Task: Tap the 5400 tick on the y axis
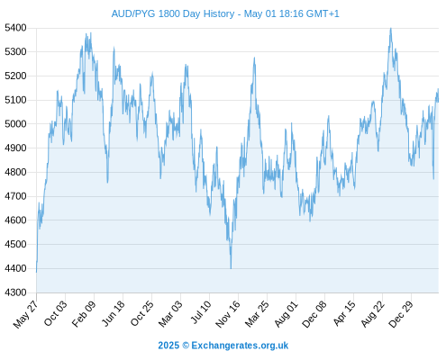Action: coord(15,28)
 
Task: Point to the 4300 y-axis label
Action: coord(15,292)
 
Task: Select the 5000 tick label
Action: coord(15,124)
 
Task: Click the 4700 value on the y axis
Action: coord(15,196)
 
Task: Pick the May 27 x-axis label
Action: coord(26,314)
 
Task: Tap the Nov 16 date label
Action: coord(228,314)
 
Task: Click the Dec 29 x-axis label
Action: coord(401,314)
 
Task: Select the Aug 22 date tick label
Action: coord(373,314)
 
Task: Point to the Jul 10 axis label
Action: coord(201,312)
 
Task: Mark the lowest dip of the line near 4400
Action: coord(231,268)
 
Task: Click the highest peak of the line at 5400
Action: coord(390,28)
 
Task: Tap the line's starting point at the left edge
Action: coord(37,272)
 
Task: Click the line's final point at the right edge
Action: coord(438,102)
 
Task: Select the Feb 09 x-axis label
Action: coord(84,313)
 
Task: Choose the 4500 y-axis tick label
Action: coord(15,244)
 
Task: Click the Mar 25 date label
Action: coord(257,314)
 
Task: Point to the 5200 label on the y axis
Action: coord(15,76)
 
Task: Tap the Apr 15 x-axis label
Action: coord(344,313)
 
